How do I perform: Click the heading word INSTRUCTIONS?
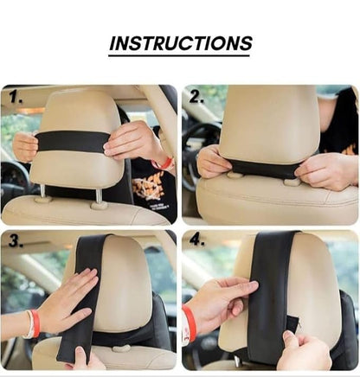[x=181, y=43]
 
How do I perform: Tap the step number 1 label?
[x=16, y=97]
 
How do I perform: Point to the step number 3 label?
[x=16, y=240]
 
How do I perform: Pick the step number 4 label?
[x=197, y=240]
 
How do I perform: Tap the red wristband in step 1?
[x=163, y=163]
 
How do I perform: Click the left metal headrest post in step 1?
[x=42, y=191]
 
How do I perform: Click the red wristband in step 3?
[x=35, y=323]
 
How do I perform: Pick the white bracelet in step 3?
[x=29, y=324]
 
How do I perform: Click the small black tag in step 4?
[x=292, y=323]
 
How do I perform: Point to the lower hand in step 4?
[x=303, y=352]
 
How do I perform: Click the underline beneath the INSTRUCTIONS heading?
[x=179, y=55]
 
